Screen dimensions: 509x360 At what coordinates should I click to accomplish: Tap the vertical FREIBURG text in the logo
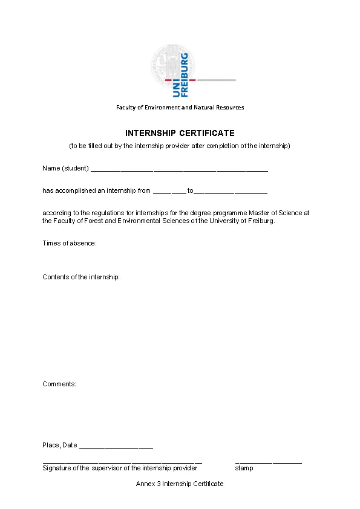click(185, 74)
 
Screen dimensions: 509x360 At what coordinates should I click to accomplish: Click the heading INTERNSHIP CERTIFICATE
click(180, 133)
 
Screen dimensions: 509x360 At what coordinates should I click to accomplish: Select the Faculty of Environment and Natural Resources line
click(180, 108)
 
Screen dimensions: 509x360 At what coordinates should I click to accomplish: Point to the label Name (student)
click(65, 168)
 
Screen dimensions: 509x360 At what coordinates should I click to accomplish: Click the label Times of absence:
click(70, 243)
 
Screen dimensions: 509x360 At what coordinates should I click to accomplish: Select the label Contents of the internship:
click(81, 277)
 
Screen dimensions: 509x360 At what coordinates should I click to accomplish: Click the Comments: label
click(59, 384)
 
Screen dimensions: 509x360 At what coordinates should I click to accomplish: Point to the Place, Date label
click(60, 446)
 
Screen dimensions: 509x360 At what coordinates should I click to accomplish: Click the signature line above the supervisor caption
click(122, 462)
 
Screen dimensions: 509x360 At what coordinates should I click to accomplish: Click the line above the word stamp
click(268, 462)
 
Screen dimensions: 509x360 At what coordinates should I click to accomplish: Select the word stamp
click(244, 468)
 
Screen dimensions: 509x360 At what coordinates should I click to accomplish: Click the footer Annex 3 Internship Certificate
click(180, 484)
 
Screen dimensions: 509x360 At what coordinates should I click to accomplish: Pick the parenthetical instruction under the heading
click(180, 146)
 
